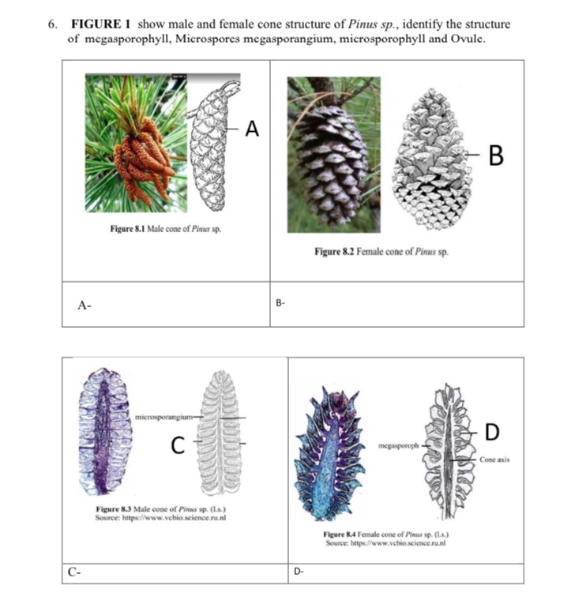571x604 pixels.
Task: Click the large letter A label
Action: (252, 127)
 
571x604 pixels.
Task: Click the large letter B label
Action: (497, 156)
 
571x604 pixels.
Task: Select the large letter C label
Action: (180, 447)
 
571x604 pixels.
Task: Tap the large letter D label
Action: (492, 431)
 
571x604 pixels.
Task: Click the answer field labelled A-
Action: (166, 304)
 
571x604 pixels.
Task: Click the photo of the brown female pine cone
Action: (332, 154)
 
